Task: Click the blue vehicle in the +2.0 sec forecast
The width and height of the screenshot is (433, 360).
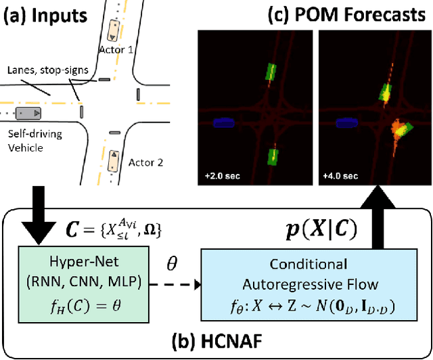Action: coord(223,123)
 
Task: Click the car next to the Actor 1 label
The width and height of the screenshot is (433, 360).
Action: coord(112,30)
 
